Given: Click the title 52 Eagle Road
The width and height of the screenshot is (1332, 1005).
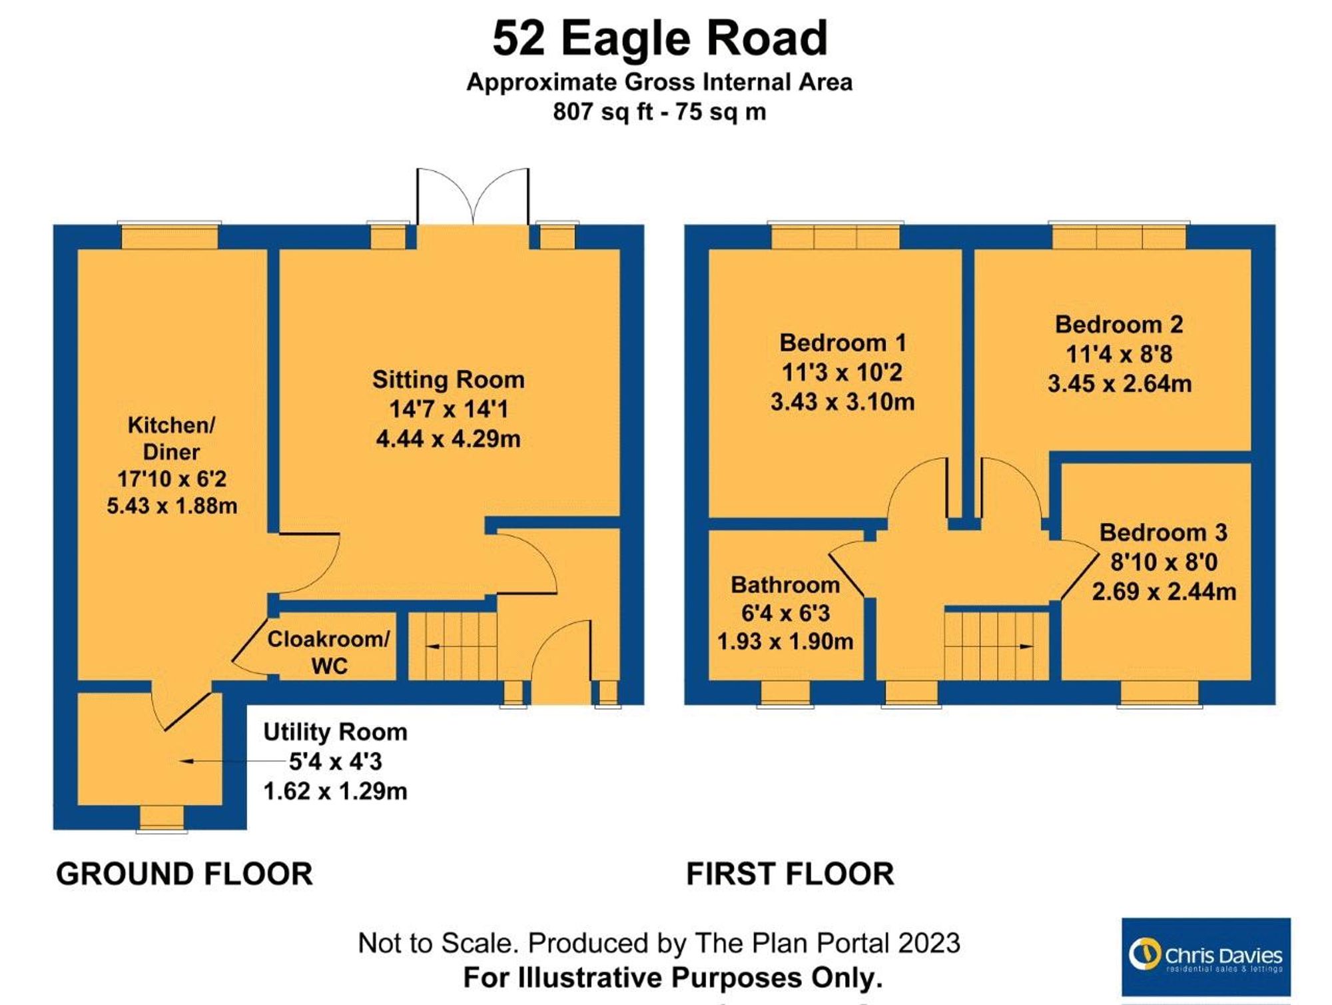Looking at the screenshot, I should (x=660, y=39).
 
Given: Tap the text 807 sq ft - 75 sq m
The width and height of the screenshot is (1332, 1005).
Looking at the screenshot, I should (x=659, y=111).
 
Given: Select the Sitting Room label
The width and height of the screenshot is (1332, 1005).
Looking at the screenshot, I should (x=448, y=380).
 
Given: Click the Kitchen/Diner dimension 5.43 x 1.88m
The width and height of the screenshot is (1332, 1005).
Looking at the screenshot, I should (x=172, y=506).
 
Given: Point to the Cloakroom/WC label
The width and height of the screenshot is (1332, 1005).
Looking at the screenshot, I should (x=328, y=652).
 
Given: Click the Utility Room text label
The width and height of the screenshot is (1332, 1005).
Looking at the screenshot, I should (x=335, y=732).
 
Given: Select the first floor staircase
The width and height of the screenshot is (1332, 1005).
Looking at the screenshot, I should (x=996, y=646).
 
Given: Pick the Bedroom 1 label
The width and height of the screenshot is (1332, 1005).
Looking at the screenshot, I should (x=842, y=343).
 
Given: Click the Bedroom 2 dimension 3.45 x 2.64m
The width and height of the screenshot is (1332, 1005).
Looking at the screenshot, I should (x=1119, y=384).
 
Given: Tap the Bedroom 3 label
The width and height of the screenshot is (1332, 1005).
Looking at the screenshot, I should (x=1163, y=532).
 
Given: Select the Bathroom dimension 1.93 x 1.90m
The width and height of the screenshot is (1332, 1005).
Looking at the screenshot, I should (x=785, y=641).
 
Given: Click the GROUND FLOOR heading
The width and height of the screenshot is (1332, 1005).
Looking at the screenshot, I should (x=184, y=874).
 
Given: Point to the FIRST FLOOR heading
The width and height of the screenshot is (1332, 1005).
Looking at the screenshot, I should (x=790, y=874).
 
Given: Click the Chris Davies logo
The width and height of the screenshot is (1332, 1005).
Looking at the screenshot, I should (x=1205, y=956).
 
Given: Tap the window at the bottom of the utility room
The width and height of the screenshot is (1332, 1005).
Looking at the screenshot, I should (x=162, y=818).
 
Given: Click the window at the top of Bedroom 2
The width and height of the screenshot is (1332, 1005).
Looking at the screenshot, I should (x=1119, y=237).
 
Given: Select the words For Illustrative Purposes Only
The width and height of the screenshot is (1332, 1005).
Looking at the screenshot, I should (x=673, y=978).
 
